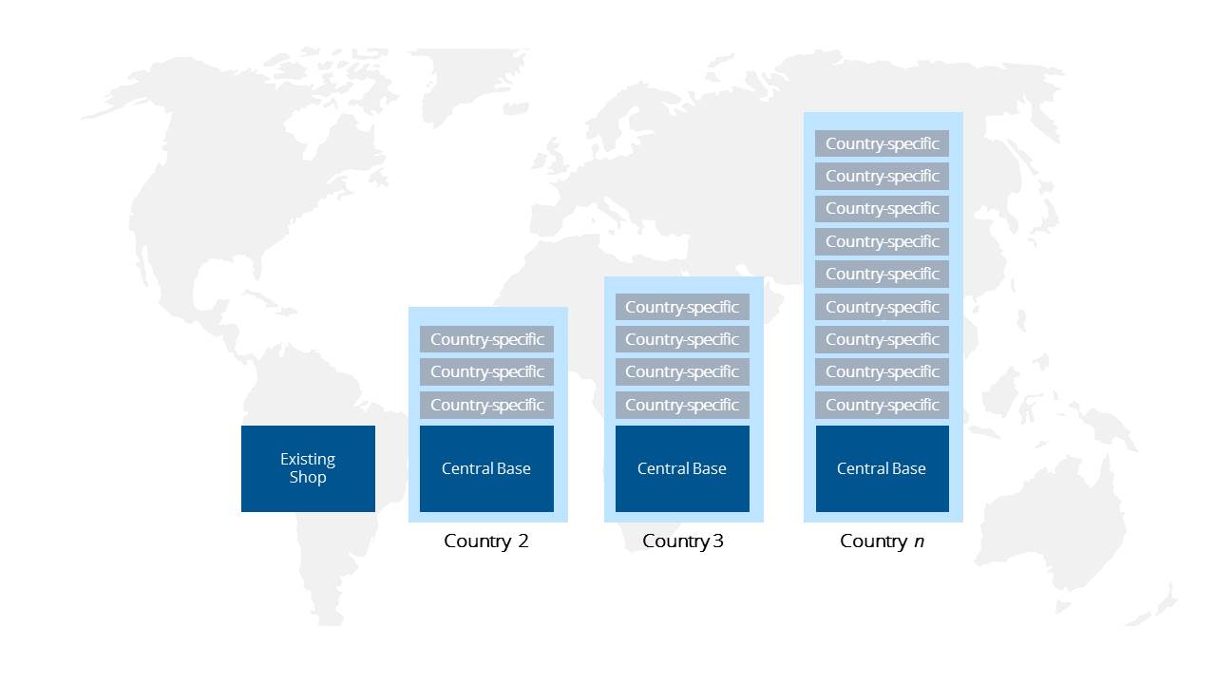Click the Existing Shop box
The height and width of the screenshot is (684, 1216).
click(308, 468)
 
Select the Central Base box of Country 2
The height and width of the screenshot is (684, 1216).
click(486, 468)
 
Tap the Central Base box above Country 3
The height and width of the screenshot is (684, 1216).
click(682, 468)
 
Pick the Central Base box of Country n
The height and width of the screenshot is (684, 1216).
click(883, 468)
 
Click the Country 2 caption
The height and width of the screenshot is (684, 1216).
click(485, 541)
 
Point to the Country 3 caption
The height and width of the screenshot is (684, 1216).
click(682, 541)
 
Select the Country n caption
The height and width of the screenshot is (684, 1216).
click(882, 541)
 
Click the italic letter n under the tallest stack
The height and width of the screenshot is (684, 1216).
click(919, 542)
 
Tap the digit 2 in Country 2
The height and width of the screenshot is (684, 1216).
click(522, 541)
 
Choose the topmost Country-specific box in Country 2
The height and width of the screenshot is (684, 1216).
click(486, 339)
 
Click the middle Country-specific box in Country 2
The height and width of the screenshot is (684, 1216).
click(486, 371)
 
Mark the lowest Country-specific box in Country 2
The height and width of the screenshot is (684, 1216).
click(486, 405)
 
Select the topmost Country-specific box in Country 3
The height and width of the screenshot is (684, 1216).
click(682, 307)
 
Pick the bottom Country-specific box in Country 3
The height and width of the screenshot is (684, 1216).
click(682, 405)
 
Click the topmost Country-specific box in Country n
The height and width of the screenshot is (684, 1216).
click(883, 143)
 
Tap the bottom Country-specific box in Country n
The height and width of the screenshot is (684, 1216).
click(883, 405)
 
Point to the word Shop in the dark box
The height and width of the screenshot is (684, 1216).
click(308, 478)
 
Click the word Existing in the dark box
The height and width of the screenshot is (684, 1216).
click(308, 460)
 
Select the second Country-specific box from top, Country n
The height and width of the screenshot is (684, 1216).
click(883, 177)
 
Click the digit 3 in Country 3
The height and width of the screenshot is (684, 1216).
click(717, 541)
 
